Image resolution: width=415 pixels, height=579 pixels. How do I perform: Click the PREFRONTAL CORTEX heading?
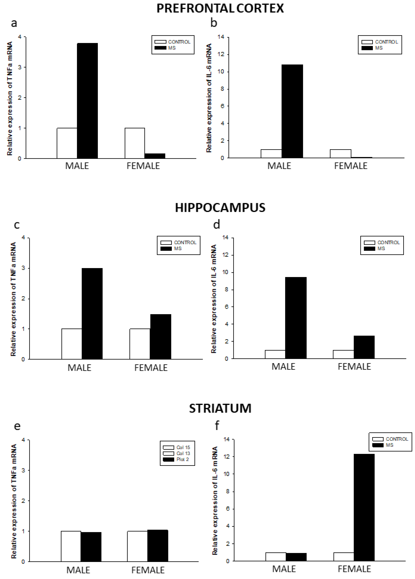coord(220,8)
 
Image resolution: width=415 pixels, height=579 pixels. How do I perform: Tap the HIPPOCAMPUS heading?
coord(220,208)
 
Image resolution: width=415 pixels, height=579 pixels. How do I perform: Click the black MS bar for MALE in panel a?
coord(87,101)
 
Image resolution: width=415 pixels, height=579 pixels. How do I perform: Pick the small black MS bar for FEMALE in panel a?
coord(155,156)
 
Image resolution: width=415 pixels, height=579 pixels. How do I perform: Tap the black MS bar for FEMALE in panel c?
coord(160,336)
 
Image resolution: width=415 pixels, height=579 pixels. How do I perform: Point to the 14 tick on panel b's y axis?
coord(221,37)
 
